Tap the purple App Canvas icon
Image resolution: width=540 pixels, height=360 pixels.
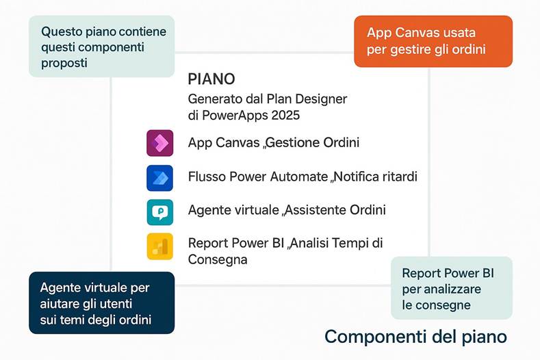click(x=159, y=142)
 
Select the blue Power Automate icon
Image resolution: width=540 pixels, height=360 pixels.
click(x=159, y=177)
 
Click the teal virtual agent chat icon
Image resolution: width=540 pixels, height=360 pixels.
click(x=159, y=211)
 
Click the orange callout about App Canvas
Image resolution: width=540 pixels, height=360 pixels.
click(x=433, y=41)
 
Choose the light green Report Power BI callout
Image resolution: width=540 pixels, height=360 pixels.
click(x=451, y=288)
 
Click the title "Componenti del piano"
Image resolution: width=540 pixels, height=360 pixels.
click(x=415, y=337)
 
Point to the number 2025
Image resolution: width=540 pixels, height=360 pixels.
click(x=283, y=115)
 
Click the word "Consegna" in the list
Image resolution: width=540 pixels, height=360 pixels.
click(x=218, y=259)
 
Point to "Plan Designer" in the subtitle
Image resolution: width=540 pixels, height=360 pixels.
click(x=310, y=99)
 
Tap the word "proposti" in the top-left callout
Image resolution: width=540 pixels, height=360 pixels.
click(x=65, y=63)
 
